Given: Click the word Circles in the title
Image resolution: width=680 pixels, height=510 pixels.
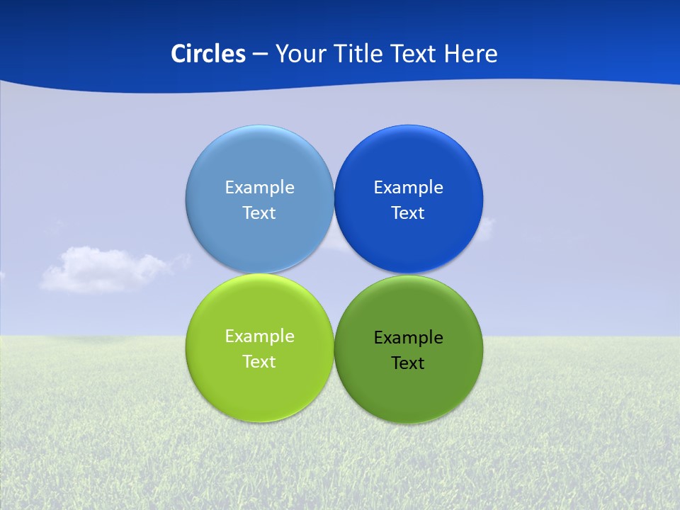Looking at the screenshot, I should [208, 54].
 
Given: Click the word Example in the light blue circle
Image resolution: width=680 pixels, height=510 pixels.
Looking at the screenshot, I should [259, 187].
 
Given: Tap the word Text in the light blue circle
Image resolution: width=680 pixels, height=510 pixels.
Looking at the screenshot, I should [259, 212].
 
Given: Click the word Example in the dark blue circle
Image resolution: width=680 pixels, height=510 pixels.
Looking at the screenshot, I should [408, 187].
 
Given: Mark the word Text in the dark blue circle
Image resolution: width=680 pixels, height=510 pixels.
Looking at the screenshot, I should [408, 212].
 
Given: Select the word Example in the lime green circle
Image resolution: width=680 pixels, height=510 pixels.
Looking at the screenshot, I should [259, 336].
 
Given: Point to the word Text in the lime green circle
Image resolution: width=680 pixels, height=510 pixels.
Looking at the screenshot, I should [259, 361].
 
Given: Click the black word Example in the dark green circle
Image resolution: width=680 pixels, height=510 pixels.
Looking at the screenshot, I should [408, 337].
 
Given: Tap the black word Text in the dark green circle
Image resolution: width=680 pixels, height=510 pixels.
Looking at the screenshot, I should [408, 363].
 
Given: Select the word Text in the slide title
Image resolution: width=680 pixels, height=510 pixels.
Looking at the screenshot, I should [415, 54].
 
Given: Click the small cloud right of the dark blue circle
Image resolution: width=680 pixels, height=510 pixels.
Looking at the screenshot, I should [487, 225].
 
